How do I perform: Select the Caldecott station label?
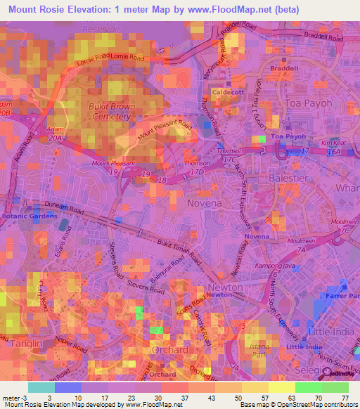(x=226, y=92)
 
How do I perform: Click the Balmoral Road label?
(x=166, y=267)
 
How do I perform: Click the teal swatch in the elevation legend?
(x=41, y=387)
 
